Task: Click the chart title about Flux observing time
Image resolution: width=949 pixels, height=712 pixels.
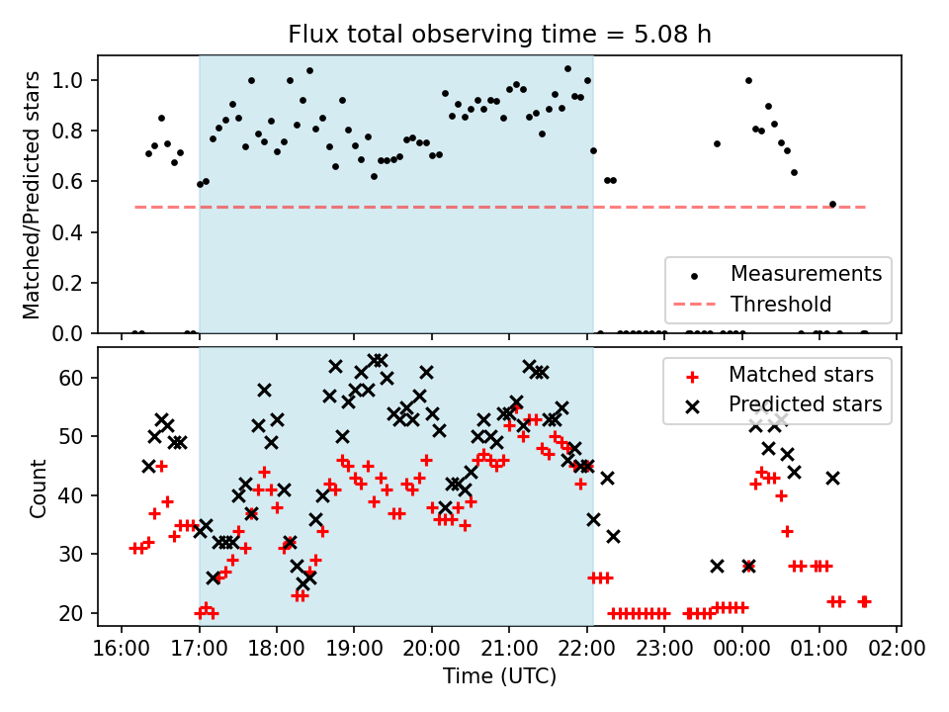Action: [x=499, y=35]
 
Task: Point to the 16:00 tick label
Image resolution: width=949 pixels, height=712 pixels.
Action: [x=122, y=650]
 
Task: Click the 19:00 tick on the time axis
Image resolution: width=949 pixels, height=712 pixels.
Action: [x=354, y=650]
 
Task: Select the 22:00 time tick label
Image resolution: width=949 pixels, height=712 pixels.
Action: [x=586, y=650]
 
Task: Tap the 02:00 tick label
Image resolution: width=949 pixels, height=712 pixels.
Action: [x=897, y=650]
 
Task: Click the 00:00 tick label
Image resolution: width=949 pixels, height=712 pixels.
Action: [x=741, y=650]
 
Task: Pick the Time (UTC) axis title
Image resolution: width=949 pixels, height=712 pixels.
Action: [x=499, y=676]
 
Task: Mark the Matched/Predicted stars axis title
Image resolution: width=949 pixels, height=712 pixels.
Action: [x=32, y=195]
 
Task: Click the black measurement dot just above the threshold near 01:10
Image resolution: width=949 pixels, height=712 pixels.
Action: [x=832, y=204]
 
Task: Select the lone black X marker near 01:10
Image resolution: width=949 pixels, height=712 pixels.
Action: [x=832, y=478]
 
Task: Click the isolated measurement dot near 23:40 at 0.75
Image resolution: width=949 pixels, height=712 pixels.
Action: [x=717, y=143]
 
